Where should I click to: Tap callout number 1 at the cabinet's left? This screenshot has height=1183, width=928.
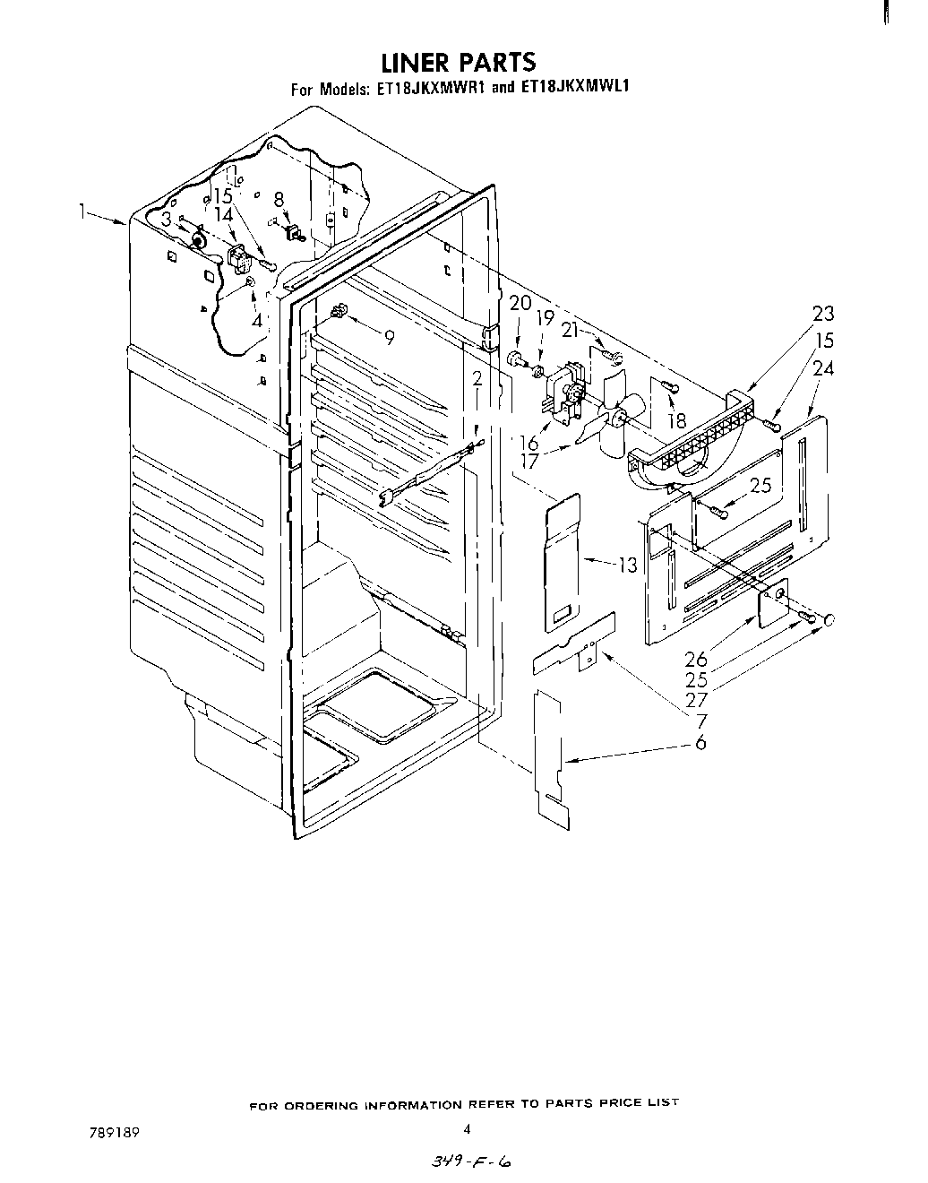(82, 212)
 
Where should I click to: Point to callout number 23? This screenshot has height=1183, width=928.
(822, 313)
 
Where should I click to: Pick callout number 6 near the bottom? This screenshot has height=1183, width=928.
(700, 742)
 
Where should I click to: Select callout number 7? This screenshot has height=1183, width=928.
(700, 720)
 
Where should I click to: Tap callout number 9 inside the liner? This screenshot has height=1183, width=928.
(389, 337)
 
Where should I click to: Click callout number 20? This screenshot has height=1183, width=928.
(520, 303)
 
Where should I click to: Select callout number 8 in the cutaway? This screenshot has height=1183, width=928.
(279, 200)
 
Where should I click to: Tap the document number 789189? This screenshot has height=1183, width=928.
(107, 1132)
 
